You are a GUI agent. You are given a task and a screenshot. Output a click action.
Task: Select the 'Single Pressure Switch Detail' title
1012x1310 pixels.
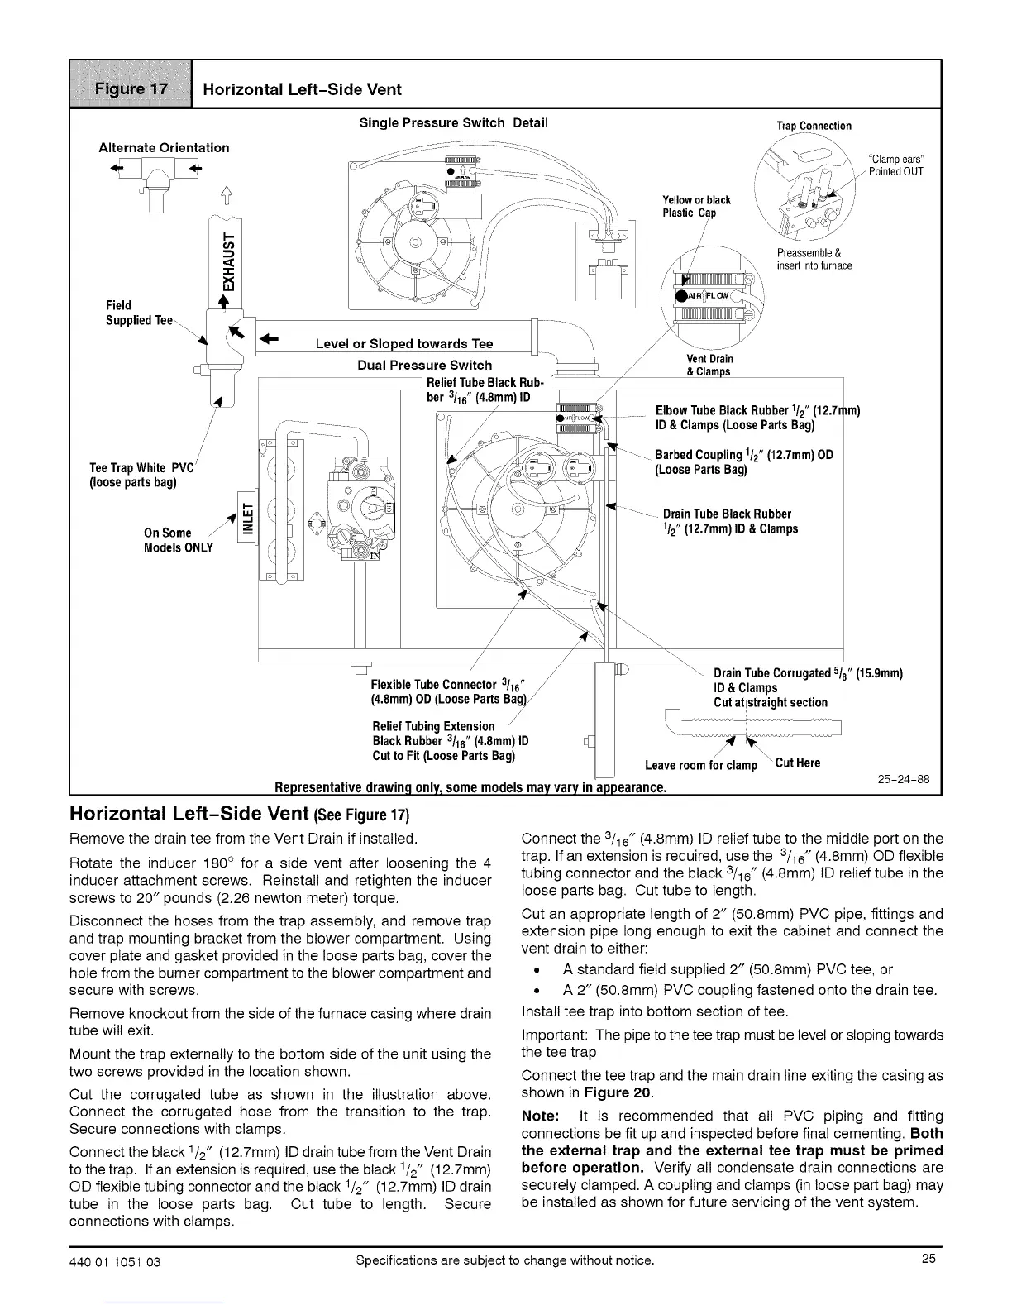coord(453,123)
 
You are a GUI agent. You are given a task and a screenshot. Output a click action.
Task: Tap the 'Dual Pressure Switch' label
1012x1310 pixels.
coord(424,365)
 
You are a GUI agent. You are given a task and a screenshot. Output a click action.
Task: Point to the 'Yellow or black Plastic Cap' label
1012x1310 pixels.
coord(696,206)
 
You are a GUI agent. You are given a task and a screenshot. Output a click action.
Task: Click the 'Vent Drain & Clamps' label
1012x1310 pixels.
coord(709,365)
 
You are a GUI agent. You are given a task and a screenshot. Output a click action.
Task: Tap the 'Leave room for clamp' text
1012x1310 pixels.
coord(700,765)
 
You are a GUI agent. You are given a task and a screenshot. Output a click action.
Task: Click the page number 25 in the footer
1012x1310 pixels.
coord(928,1260)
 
